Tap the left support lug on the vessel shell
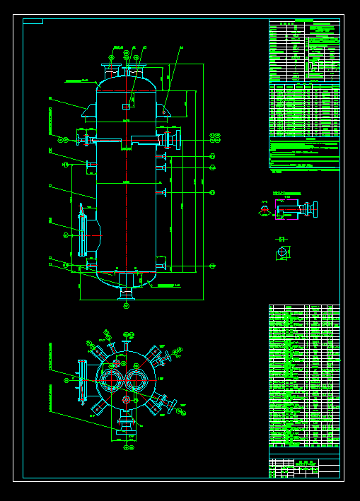pos(88,112)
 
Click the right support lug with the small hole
pos(164,111)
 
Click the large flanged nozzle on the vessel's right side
pos(170,140)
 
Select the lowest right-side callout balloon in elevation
pos(213,266)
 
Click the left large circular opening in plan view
pos(112,379)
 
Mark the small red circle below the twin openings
pos(126,399)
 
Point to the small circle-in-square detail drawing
pos(282,252)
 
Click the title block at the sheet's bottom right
pos(304,466)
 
